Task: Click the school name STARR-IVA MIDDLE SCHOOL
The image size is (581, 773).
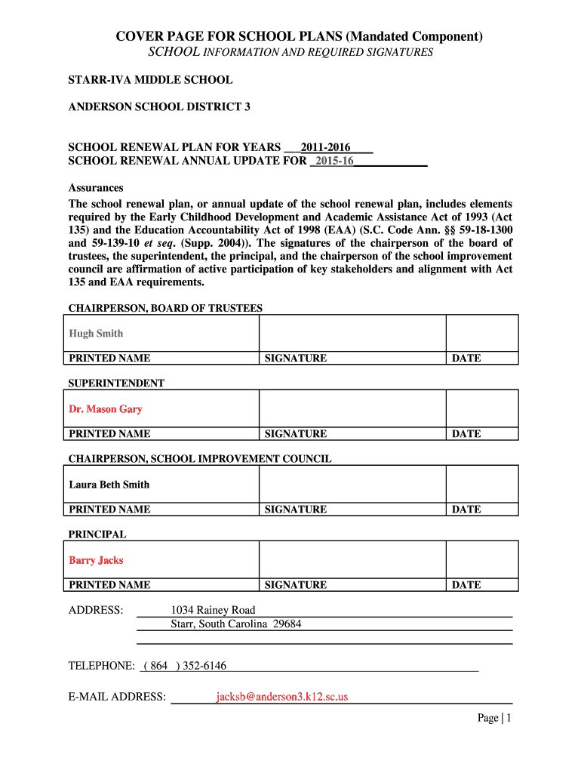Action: click(x=150, y=79)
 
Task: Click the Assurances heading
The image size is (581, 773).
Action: click(x=96, y=188)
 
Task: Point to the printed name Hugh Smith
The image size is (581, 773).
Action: click(x=96, y=334)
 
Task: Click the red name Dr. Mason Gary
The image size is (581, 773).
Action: click(x=106, y=409)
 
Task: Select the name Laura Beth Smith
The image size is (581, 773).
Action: click(x=109, y=485)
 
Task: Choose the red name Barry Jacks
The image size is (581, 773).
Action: click(x=96, y=560)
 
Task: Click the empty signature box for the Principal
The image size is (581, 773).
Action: click(x=352, y=560)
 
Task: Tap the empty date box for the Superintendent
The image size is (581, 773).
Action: click(x=481, y=408)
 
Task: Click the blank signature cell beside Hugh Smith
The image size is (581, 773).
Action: click(x=352, y=333)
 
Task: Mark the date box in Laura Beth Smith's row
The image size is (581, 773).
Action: click(x=481, y=484)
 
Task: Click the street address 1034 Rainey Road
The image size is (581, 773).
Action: click(x=213, y=610)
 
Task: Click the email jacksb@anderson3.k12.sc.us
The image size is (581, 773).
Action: click(x=282, y=697)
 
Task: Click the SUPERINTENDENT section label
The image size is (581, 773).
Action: click(x=116, y=383)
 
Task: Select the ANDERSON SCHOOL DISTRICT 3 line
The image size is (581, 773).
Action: click(x=159, y=106)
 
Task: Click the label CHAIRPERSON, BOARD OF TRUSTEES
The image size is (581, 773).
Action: click(x=165, y=308)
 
